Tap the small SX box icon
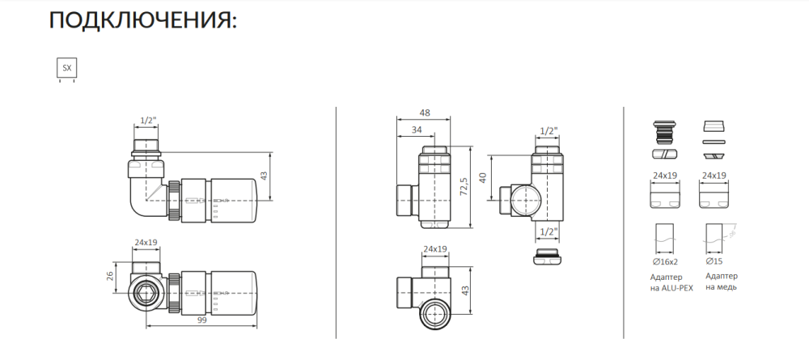66,68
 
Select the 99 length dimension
201,321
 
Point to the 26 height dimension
110,277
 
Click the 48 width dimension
426,113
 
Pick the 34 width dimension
416,130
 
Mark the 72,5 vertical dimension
464,187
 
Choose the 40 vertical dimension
483,179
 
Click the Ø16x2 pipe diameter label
665,262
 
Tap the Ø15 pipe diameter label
714,262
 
